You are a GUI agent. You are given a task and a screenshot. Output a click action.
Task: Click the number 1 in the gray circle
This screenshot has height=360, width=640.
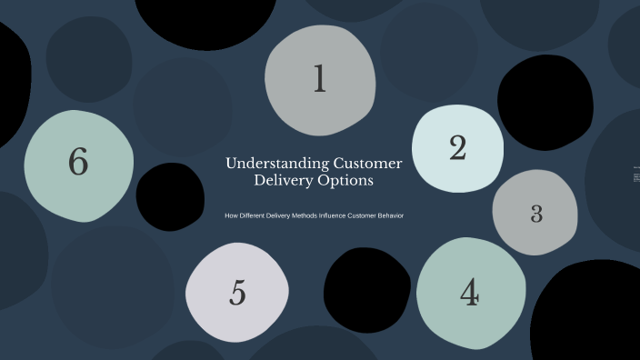coord(319,79)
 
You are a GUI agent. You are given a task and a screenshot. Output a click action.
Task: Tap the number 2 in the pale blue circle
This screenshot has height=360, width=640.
coord(457,148)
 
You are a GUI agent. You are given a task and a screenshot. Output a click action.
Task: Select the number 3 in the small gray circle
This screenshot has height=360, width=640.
coord(536,214)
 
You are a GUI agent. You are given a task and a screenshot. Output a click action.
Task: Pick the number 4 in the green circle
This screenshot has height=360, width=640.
coord(469,293)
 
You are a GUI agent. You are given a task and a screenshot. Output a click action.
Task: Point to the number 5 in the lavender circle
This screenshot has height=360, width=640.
coord(237,293)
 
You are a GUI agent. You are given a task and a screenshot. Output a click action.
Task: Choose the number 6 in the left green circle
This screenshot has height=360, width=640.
coord(78,163)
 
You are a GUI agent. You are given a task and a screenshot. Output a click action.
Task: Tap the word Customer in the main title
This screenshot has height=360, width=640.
coord(367,164)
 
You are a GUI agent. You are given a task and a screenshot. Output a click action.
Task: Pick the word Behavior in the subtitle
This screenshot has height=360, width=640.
coord(383,215)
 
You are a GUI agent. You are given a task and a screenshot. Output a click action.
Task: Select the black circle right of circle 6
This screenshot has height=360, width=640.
coord(170,196)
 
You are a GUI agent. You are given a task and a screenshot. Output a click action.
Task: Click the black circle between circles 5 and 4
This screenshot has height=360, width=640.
coord(367,290)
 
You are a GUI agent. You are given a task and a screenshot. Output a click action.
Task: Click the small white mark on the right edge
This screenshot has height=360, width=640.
coord(636,175)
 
